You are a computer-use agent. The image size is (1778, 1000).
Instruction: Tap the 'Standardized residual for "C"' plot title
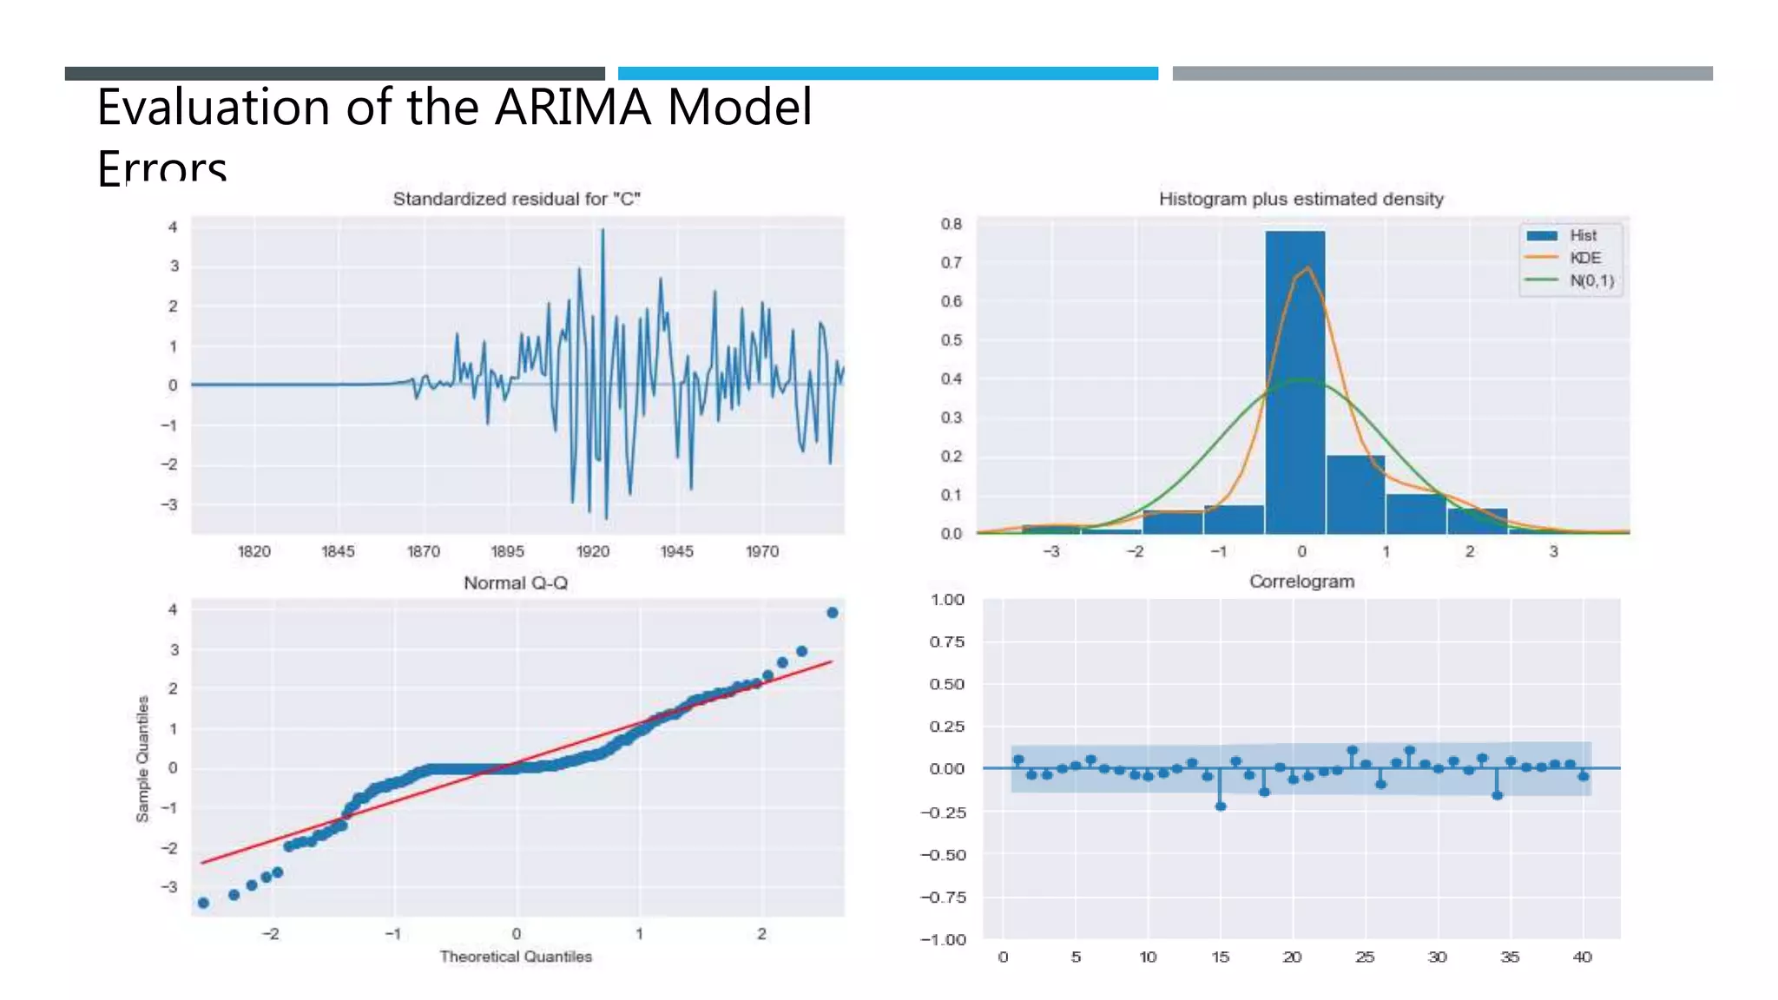click(517, 199)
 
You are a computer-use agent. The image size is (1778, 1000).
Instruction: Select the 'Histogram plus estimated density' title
click(1301, 199)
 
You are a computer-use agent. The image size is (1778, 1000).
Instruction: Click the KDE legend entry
click(1584, 258)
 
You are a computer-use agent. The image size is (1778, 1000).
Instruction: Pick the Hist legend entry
click(1582, 235)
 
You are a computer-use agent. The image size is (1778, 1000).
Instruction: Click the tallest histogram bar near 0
click(1294, 382)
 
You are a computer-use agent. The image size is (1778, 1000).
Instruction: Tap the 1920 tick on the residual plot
click(593, 551)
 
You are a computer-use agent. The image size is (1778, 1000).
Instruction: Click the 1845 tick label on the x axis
click(338, 551)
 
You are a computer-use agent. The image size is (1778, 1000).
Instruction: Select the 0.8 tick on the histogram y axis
click(952, 224)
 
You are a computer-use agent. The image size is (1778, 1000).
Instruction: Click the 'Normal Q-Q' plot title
click(516, 582)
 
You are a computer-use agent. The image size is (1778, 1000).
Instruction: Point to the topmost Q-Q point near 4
click(833, 613)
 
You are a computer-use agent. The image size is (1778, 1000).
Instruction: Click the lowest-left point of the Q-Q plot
click(203, 903)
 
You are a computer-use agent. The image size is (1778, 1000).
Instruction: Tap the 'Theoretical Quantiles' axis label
click(516, 957)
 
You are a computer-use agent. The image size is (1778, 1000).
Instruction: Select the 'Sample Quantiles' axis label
click(142, 759)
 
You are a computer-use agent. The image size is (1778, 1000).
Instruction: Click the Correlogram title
click(1301, 582)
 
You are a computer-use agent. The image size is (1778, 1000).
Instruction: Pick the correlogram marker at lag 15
click(1221, 806)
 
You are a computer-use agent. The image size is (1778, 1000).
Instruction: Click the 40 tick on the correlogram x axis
click(1582, 957)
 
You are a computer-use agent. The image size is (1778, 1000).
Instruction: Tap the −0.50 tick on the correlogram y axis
click(943, 855)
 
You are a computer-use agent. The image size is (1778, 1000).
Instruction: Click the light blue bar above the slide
click(887, 73)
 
